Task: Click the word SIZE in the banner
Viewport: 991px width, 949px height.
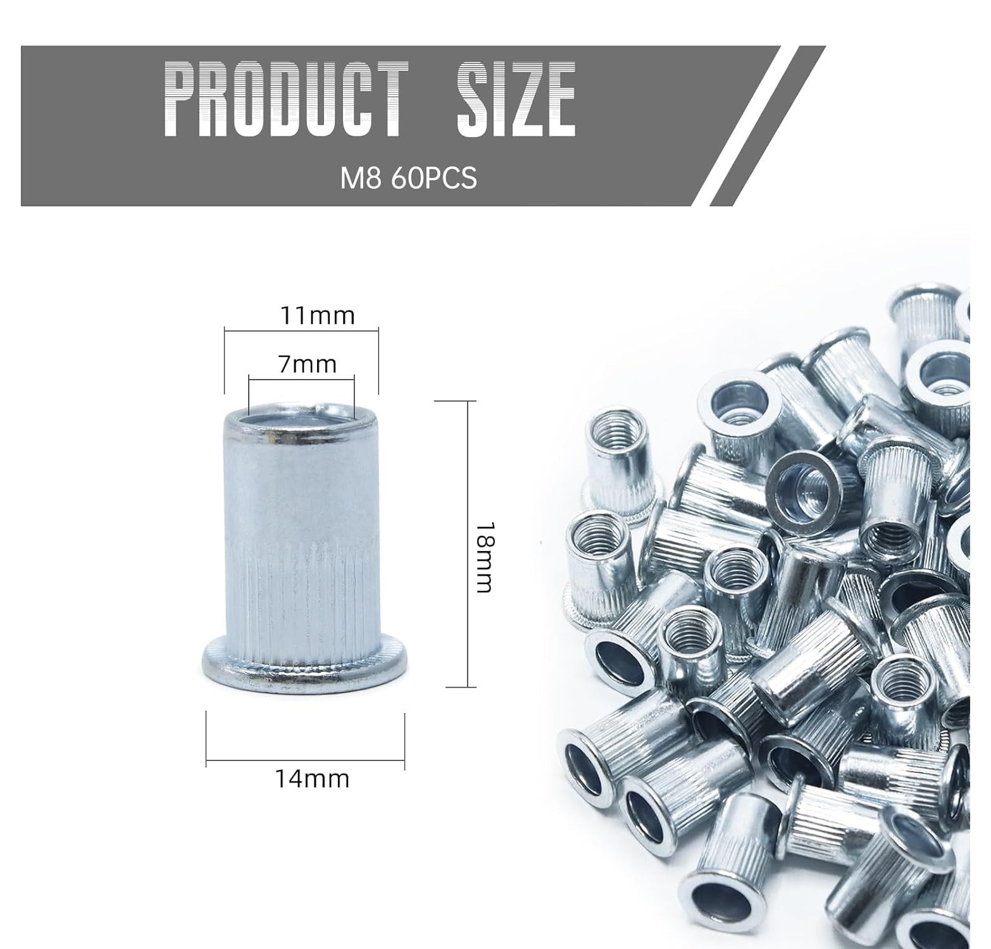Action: click(x=516, y=99)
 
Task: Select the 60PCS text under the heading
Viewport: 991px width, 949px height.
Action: click(x=433, y=178)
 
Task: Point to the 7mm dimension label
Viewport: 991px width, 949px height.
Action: click(x=307, y=364)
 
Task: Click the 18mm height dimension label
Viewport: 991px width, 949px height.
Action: click(x=483, y=557)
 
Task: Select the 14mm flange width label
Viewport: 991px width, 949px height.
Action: click(x=312, y=778)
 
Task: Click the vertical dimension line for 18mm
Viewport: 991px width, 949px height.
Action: click(x=468, y=543)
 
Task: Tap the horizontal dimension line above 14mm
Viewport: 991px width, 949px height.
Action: click(x=306, y=759)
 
